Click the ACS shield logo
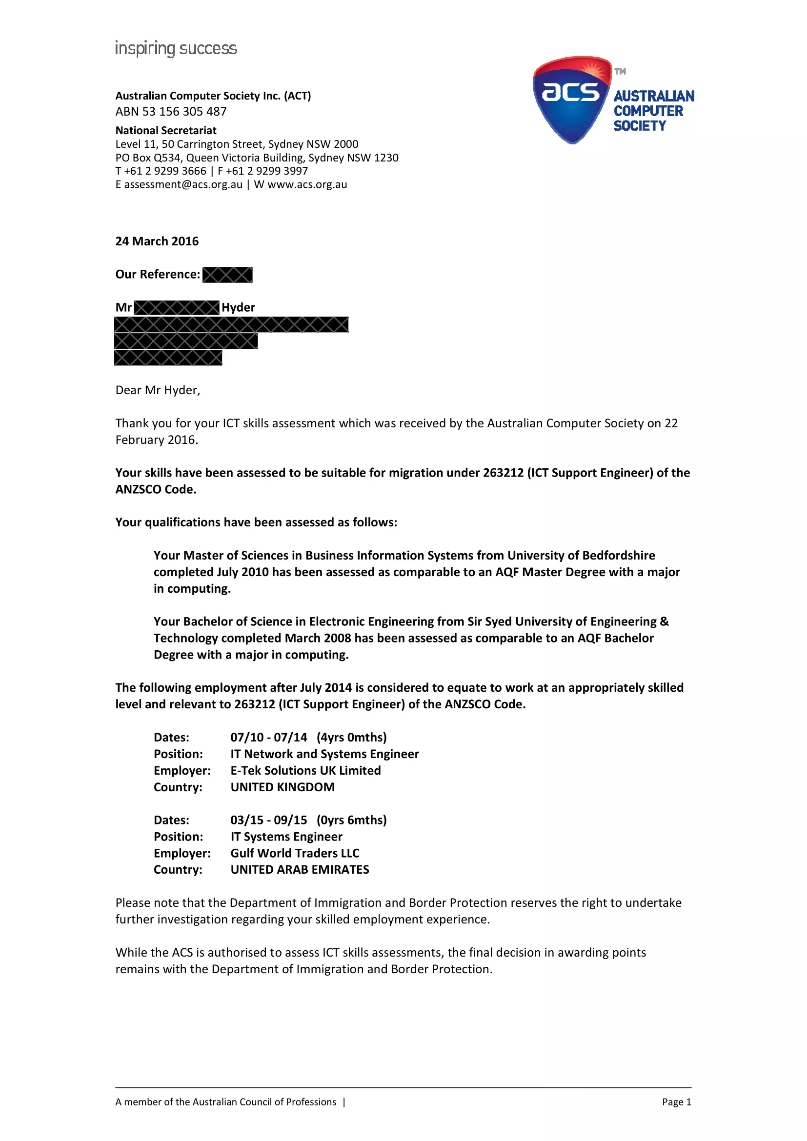(571, 100)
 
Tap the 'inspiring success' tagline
(176, 49)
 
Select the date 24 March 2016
(157, 241)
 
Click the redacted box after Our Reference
(227, 275)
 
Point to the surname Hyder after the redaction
(239, 308)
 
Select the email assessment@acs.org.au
(183, 185)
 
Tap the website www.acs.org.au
(307, 185)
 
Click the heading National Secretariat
(166, 131)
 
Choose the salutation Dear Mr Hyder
(158, 391)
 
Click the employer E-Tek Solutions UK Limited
(305, 771)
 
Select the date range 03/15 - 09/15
(269, 820)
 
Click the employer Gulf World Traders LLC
(295, 853)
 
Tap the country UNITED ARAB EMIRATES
(300, 870)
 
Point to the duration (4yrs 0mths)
(352, 738)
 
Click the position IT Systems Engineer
(286, 837)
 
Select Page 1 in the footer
(676, 1102)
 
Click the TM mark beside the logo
(620, 72)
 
